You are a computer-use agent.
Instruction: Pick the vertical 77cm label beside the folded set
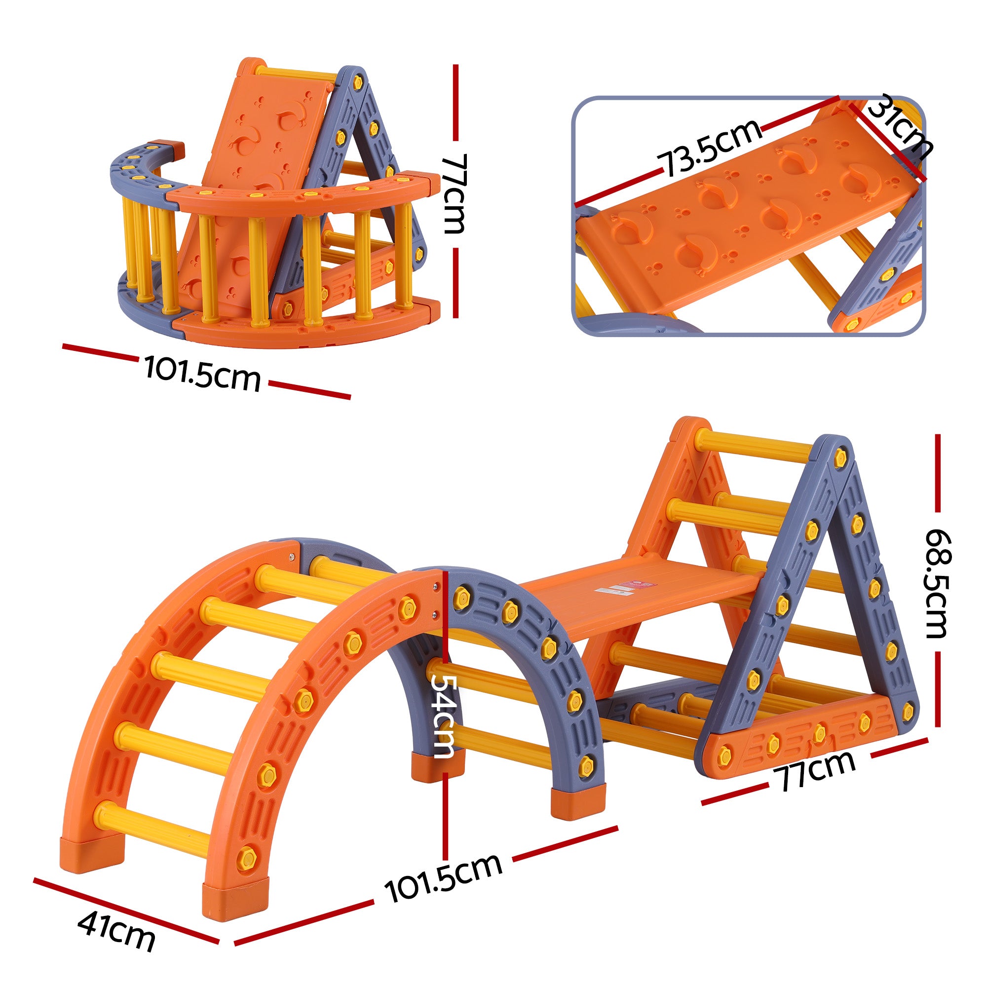[x=454, y=193]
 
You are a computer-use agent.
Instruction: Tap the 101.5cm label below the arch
[x=444, y=878]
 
